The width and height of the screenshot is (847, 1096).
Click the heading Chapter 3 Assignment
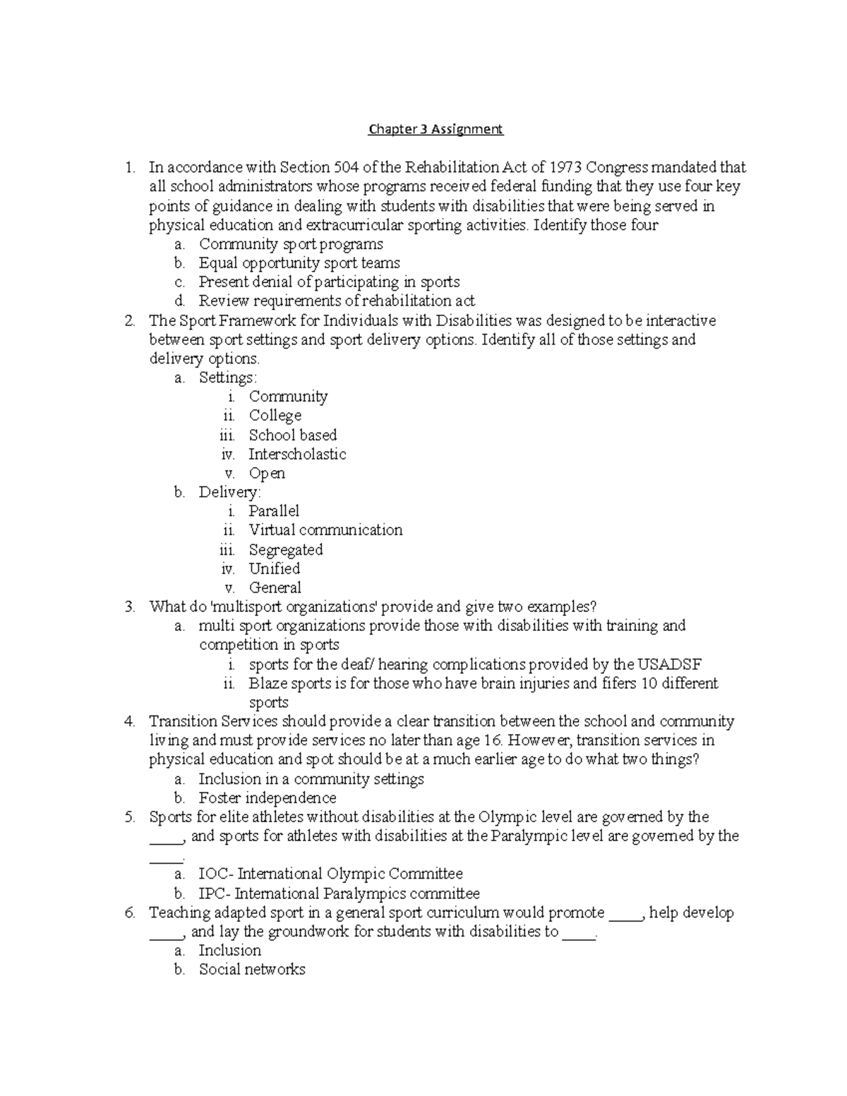click(x=435, y=129)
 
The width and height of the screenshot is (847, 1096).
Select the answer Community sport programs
click(x=291, y=244)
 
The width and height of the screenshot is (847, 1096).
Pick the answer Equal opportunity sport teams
click(x=299, y=263)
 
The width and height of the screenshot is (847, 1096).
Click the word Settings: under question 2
click(x=228, y=378)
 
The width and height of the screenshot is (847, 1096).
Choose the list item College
click(x=275, y=416)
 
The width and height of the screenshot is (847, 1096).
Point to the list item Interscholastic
click(x=297, y=454)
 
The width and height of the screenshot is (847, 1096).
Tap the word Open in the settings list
click(x=267, y=474)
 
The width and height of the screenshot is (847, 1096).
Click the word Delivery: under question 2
click(x=229, y=492)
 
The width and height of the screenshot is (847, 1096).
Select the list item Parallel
click(x=274, y=511)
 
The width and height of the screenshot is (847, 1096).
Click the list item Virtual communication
click(x=325, y=530)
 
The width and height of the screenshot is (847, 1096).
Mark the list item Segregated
click(x=285, y=550)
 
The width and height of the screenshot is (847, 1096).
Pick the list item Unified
click(x=274, y=569)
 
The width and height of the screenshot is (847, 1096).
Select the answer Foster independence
click(x=268, y=798)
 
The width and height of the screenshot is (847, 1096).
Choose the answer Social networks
click(x=252, y=970)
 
